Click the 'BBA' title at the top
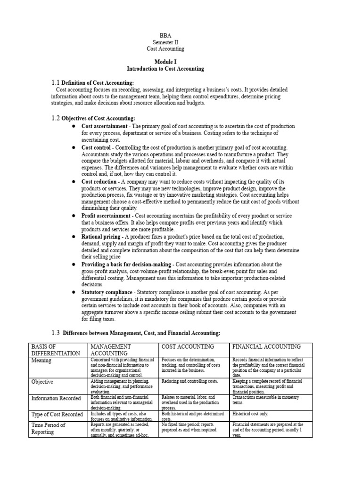coord(165,35)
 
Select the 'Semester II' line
coord(165,42)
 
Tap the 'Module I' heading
coord(165,62)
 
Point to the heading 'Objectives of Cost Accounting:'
coord(98,118)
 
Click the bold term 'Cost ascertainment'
coord(104,126)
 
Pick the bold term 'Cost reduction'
coord(99,181)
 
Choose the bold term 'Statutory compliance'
coord(107,292)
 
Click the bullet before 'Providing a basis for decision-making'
coord(74,265)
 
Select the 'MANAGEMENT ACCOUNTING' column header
coord(111,350)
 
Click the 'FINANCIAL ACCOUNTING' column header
coord(266,346)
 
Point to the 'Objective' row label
coord(42,382)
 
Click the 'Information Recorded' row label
coord(56,398)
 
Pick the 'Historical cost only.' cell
coord(249,414)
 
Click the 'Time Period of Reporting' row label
coord(48,428)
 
